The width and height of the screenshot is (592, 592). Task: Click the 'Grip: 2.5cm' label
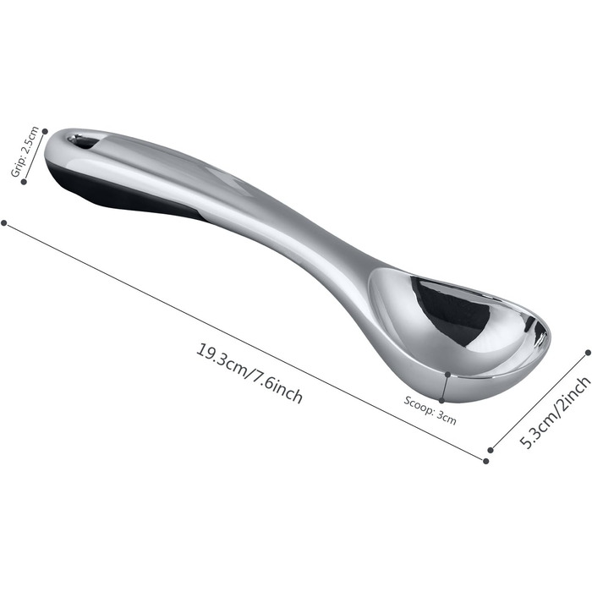pos(25,151)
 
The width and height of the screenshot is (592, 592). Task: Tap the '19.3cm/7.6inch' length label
pos(249,374)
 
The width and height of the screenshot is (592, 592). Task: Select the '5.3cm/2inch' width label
pos(555,413)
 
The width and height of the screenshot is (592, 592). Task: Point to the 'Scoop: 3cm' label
pos(430,410)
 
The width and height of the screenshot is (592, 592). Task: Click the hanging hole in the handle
pos(84,141)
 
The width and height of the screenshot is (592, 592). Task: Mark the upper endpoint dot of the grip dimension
pos(45,131)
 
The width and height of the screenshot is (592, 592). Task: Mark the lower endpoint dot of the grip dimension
pos(24,182)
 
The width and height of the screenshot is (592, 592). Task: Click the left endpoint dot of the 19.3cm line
pos(4,223)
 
